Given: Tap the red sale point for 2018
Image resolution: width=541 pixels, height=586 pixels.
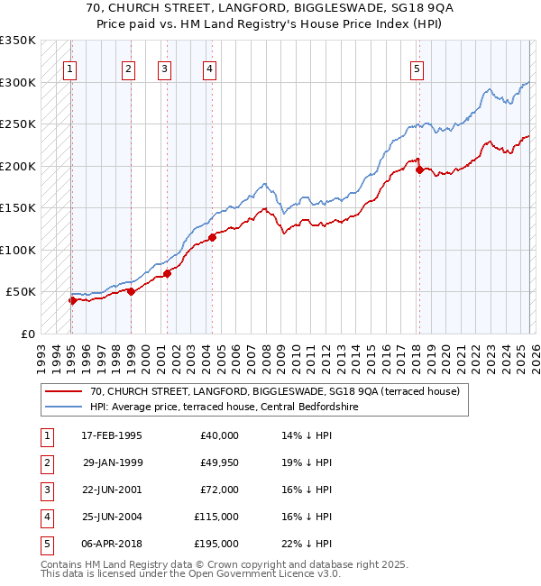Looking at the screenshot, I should [419, 169].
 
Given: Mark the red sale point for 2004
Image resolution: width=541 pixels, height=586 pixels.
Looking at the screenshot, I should [213, 237].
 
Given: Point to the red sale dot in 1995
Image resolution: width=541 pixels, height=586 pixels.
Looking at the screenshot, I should [72, 300].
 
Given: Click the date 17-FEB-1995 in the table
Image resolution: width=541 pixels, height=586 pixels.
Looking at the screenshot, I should [111, 435].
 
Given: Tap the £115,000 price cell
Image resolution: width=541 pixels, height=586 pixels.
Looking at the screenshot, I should [216, 517].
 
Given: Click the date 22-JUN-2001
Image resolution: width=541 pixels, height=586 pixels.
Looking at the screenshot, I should [111, 490].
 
